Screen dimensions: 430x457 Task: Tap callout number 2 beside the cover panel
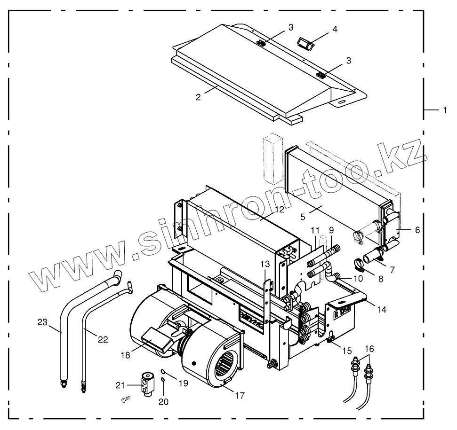[x=199, y=97]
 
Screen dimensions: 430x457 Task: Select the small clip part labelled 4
[x=305, y=44]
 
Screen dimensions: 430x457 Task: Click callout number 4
[x=335, y=29]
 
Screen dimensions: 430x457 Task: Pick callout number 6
[x=417, y=230]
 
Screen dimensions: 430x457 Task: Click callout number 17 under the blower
[x=240, y=395]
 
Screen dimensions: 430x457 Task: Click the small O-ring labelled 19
[x=163, y=371]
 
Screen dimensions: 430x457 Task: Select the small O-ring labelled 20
[x=162, y=379]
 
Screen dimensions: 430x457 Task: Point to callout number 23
[x=42, y=322]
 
